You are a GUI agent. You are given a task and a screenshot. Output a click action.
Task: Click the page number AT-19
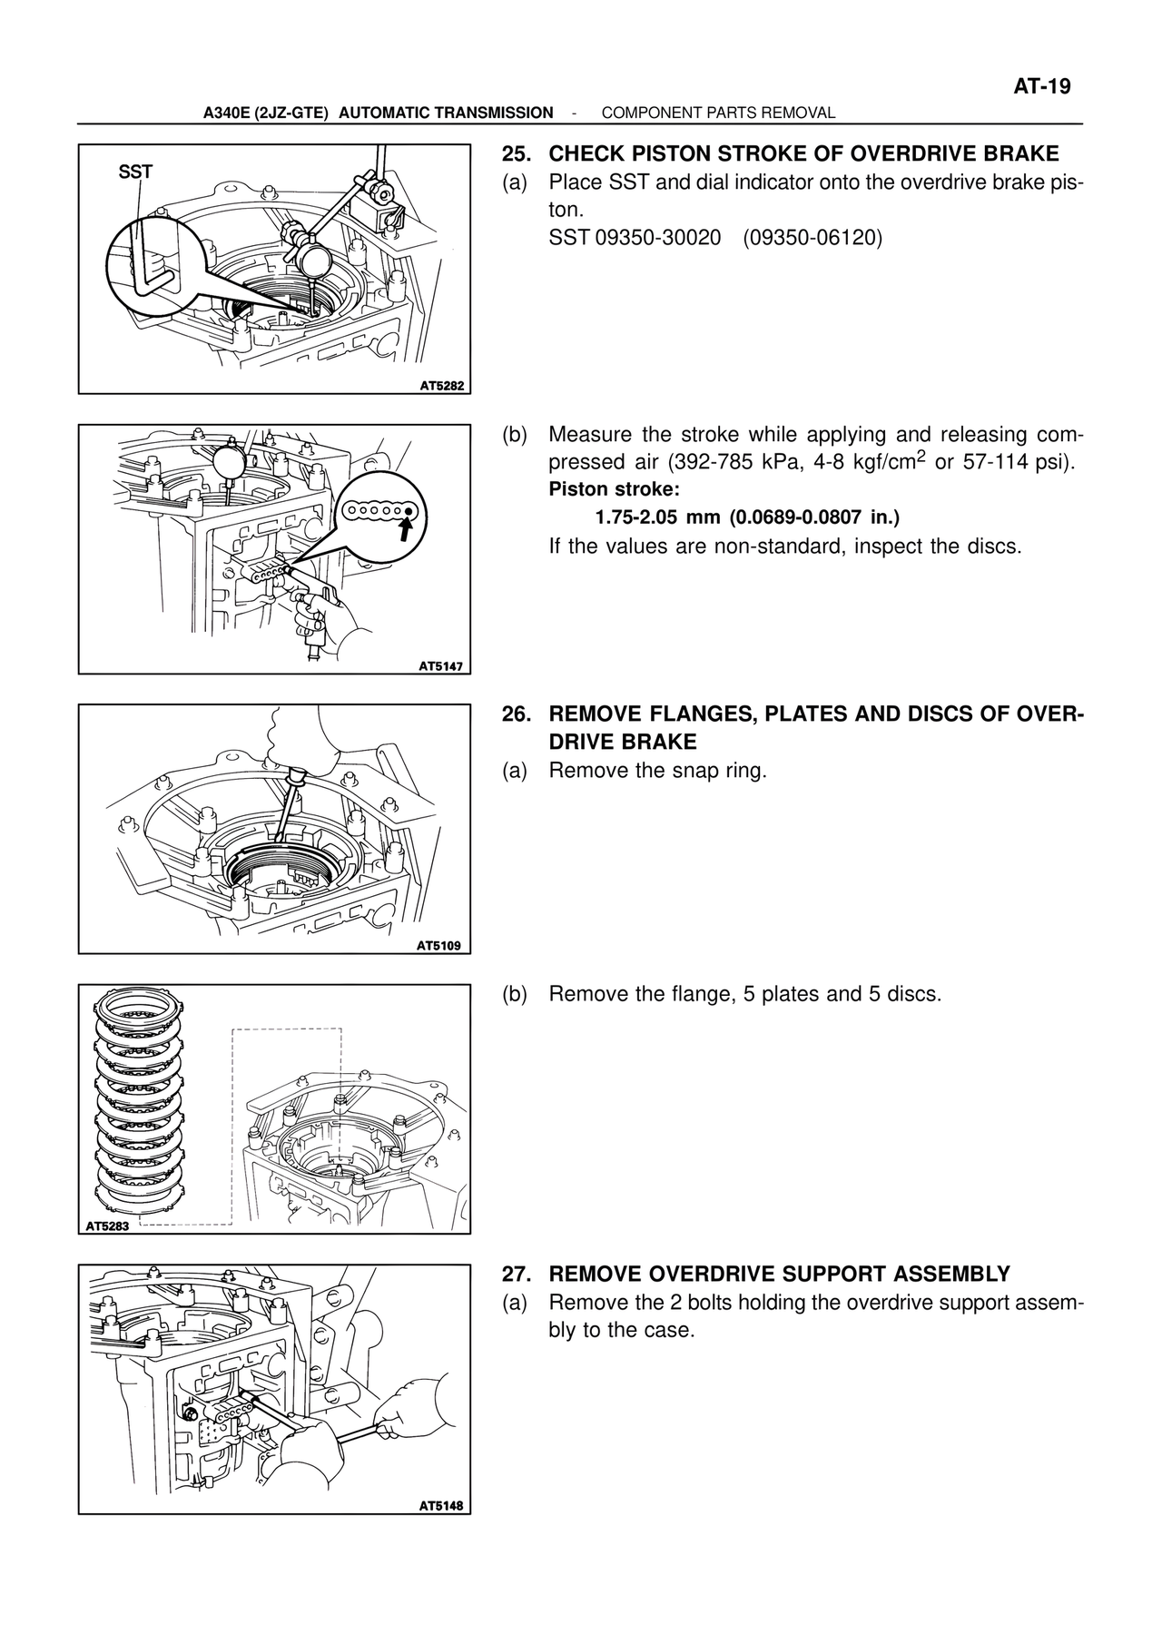(x=1042, y=87)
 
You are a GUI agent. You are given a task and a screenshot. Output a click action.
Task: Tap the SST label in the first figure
(x=136, y=171)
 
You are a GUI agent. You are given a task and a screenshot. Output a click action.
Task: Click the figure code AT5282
(x=441, y=386)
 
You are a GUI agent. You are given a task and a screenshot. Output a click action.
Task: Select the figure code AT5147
(x=441, y=665)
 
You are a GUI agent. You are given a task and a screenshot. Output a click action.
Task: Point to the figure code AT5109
(x=439, y=946)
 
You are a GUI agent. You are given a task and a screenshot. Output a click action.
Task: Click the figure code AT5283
(x=108, y=1226)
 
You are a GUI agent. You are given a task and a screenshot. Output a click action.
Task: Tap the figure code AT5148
(x=441, y=1506)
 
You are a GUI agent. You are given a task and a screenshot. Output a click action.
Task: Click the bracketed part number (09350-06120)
(x=812, y=238)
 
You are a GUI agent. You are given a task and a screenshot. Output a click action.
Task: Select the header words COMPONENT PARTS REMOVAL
(x=718, y=113)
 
